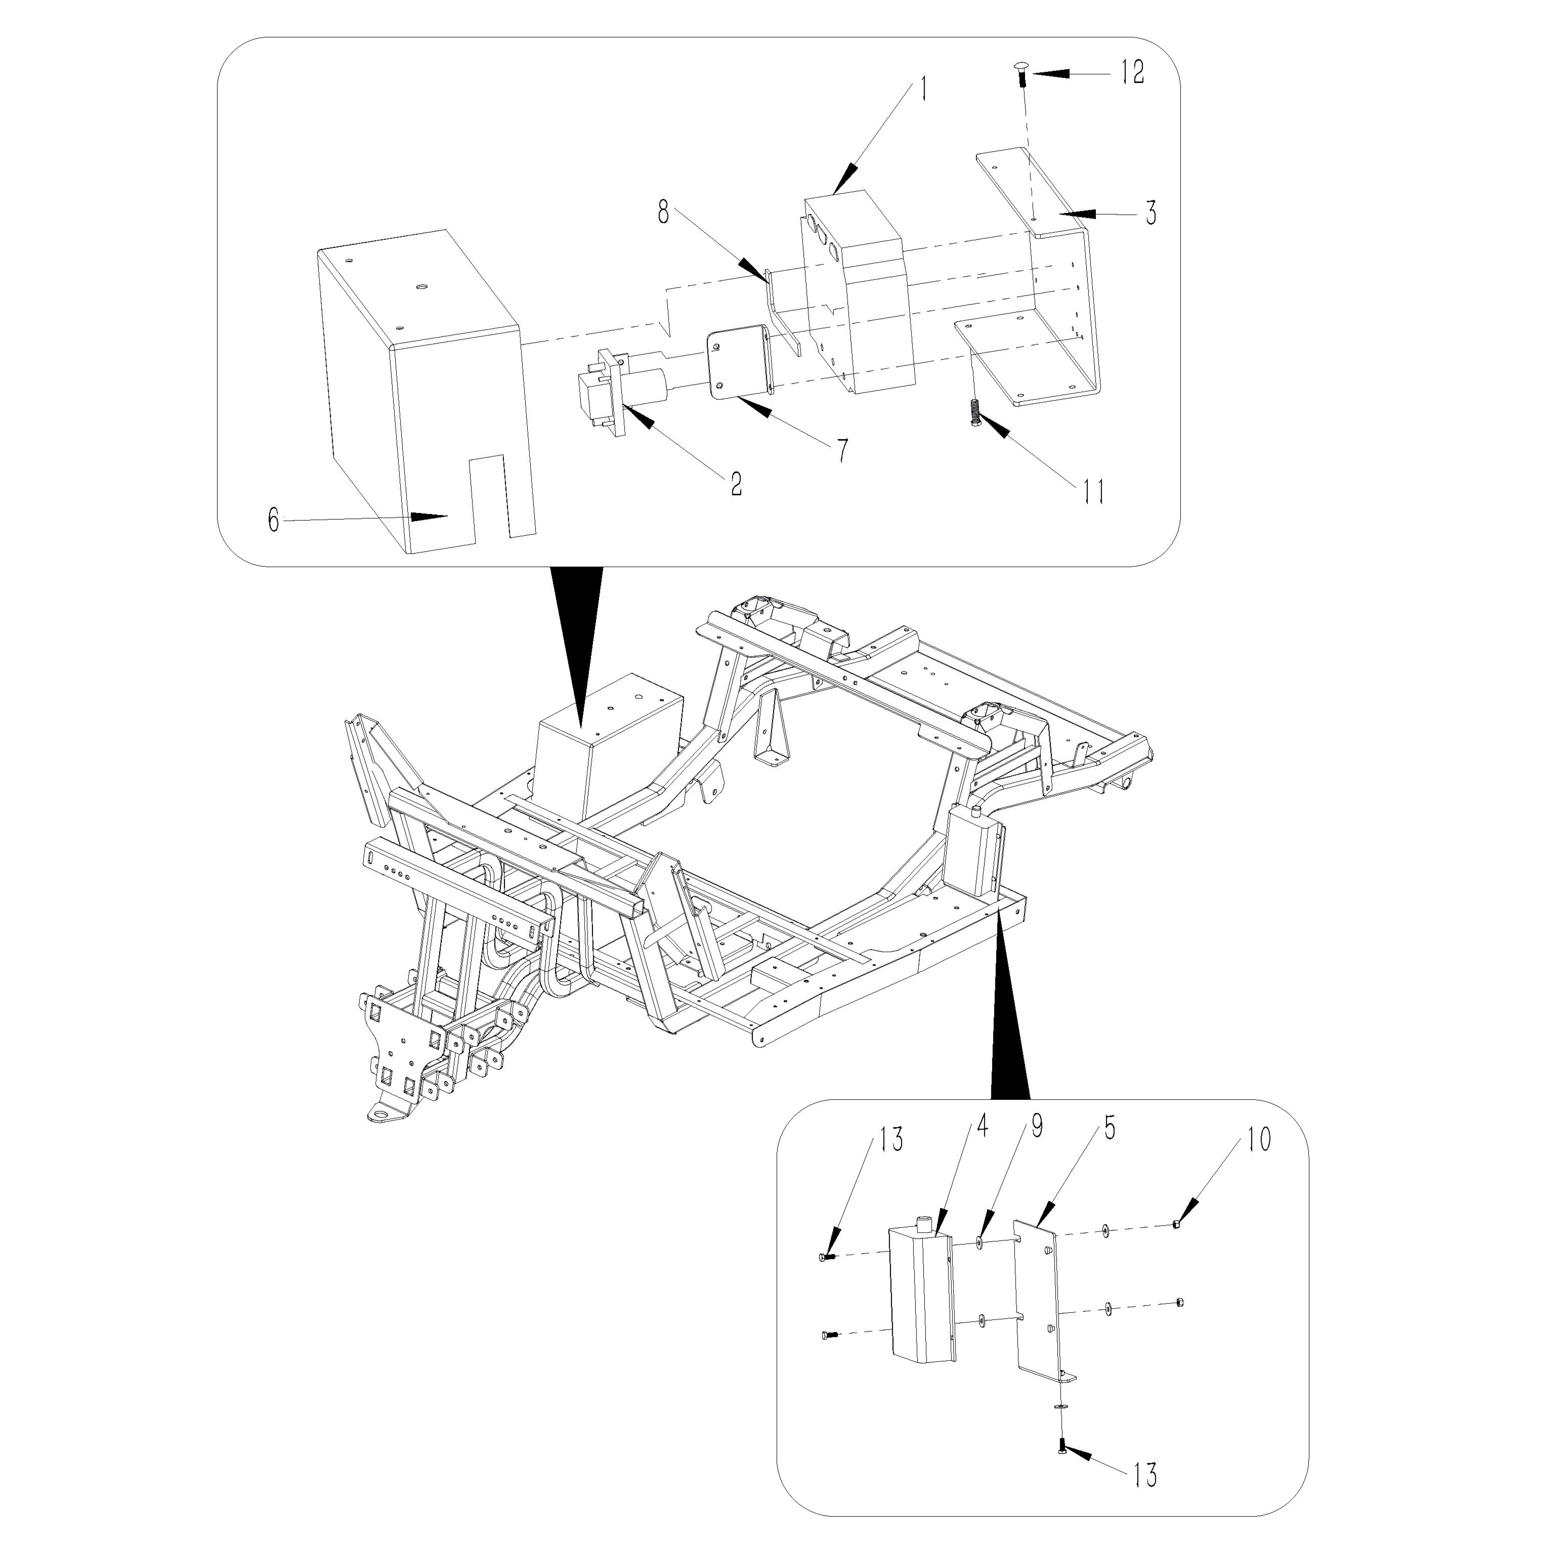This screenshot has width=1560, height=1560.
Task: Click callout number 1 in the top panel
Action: click(x=924, y=89)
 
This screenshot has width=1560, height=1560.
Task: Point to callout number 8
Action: click(x=663, y=214)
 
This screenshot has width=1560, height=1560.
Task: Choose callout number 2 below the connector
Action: click(x=736, y=484)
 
